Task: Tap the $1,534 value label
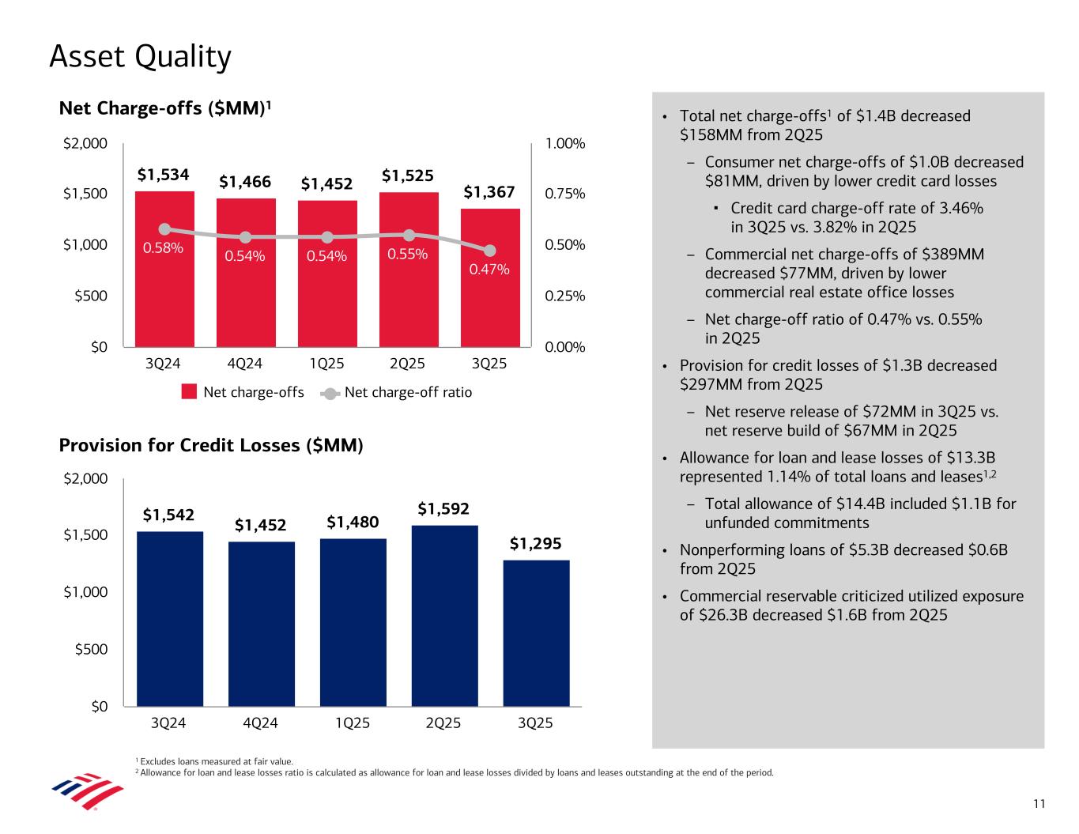164,174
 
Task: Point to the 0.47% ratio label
489,270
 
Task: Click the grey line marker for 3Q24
164,229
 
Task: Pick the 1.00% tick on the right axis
565,144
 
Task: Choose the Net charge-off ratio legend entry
408,392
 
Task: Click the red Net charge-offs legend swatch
189,392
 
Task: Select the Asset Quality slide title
140,57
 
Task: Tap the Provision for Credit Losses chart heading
211,446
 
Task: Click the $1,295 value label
535,543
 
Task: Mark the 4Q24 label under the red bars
245,364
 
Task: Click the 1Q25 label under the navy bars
353,723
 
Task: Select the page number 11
1039,804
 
